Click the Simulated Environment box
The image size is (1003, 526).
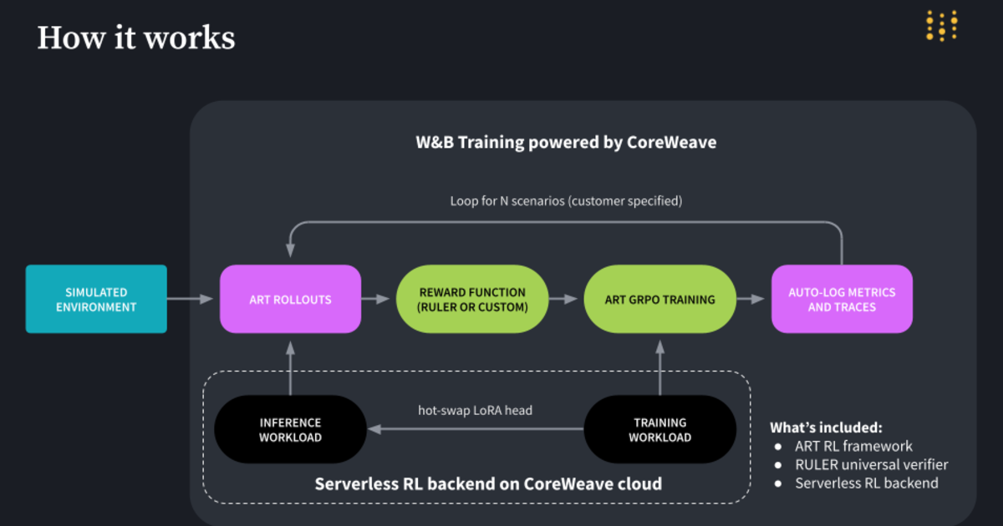pos(96,299)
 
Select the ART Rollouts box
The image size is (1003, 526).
pos(290,299)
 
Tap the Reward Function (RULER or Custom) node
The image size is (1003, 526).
pos(472,299)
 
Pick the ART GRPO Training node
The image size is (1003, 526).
pos(659,299)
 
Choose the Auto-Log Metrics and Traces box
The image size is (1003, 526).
pos(842,299)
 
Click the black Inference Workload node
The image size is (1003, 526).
pos(290,429)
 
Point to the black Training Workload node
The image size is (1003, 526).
pos(659,429)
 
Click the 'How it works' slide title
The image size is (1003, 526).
pos(136,38)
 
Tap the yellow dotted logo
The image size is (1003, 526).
pos(942,26)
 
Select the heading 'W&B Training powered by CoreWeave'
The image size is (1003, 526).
pos(566,142)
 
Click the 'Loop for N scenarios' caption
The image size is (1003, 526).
pos(566,201)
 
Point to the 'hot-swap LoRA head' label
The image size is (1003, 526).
pos(475,410)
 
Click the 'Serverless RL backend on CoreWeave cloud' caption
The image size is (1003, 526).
pos(488,483)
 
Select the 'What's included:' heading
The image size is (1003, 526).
pos(826,427)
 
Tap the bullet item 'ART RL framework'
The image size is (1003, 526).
pos(853,446)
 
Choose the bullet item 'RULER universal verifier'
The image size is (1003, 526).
pos(871,464)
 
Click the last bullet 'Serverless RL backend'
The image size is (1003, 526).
pos(866,483)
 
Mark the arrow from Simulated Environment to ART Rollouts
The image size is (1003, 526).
pos(192,299)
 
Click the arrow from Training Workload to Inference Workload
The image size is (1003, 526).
pos(475,429)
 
